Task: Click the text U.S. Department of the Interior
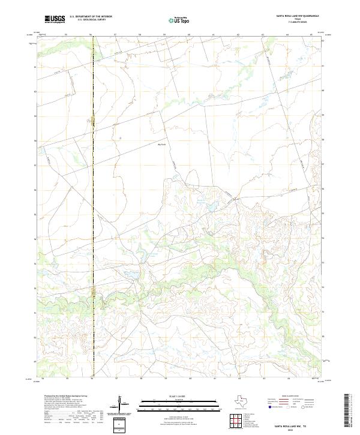pyautogui.click(x=91, y=16)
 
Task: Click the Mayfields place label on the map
pyautogui.click(x=161, y=143)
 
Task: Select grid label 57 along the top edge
pyautogui.click(x=115, y=35)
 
